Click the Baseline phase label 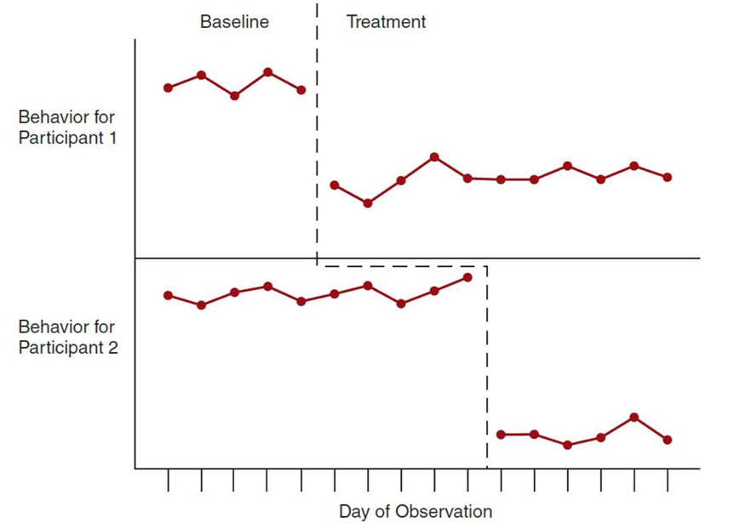click(234, 22)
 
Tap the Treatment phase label click(386, 22)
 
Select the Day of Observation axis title click(415, 511)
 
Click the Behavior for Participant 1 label click(66, 127)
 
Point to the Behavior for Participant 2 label click(66, 337)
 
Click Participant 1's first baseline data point click(168, 88)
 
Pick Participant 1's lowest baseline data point click(234, 96)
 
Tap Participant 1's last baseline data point click(301, 89)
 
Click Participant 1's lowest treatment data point click(367, 203)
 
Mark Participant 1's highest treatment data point click(434, 156)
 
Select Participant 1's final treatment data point click(668, 177)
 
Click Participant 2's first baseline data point click(168, 295)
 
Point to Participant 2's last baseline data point click(467, 276)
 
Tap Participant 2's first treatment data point click(501, 435)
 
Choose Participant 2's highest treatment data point click(634, 417)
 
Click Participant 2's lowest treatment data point click(567, 445)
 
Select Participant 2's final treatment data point click(668, 440)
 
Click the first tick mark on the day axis click(168, 480)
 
